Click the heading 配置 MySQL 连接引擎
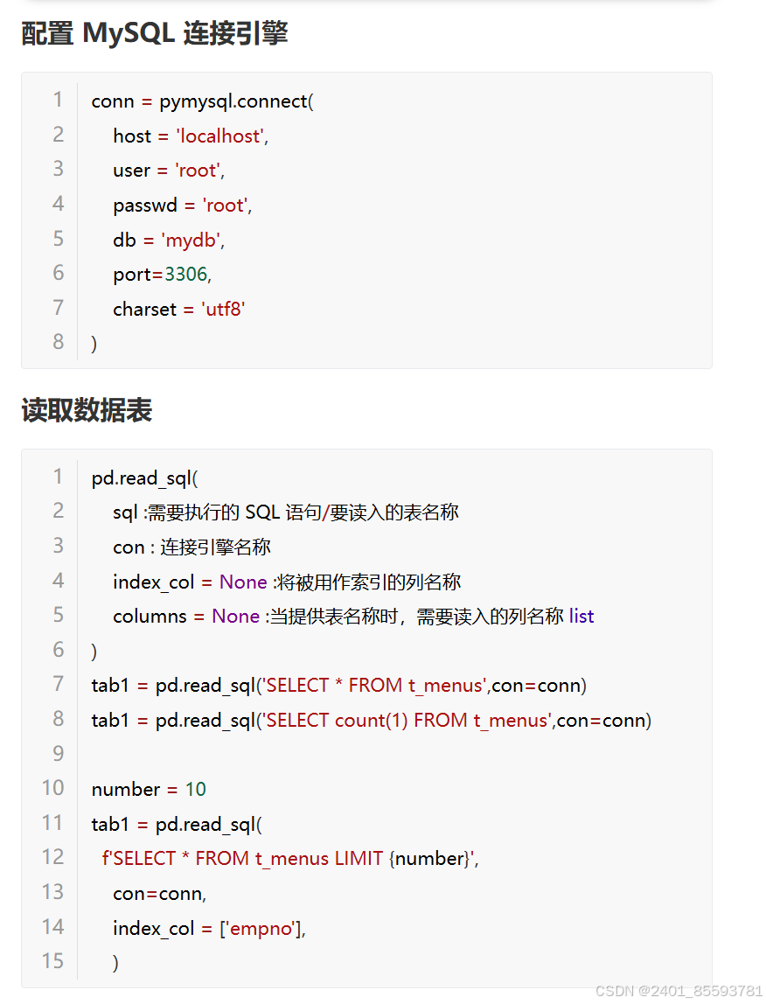click(x=154, y=33)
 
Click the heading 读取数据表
click(x=87, y=410)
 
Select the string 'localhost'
click(x=221, y=136)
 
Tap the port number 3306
click(x=185, y=275)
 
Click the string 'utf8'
click(x=223, y=309)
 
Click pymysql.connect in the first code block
click(x=233, y=101)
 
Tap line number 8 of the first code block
click(x=59, y=342)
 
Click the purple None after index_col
click(x=243, y=582)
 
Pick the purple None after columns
click(x=235, y=616)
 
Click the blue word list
click(x=581, y=616)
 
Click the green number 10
click(x=195, y=789)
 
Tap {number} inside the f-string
click(x=429, y=859)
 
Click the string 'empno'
click(x=260, y=928)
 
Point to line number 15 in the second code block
click(x=53, y=961)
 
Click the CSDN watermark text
click(x=679, y=991)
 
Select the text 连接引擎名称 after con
click(x=215, y=547)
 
